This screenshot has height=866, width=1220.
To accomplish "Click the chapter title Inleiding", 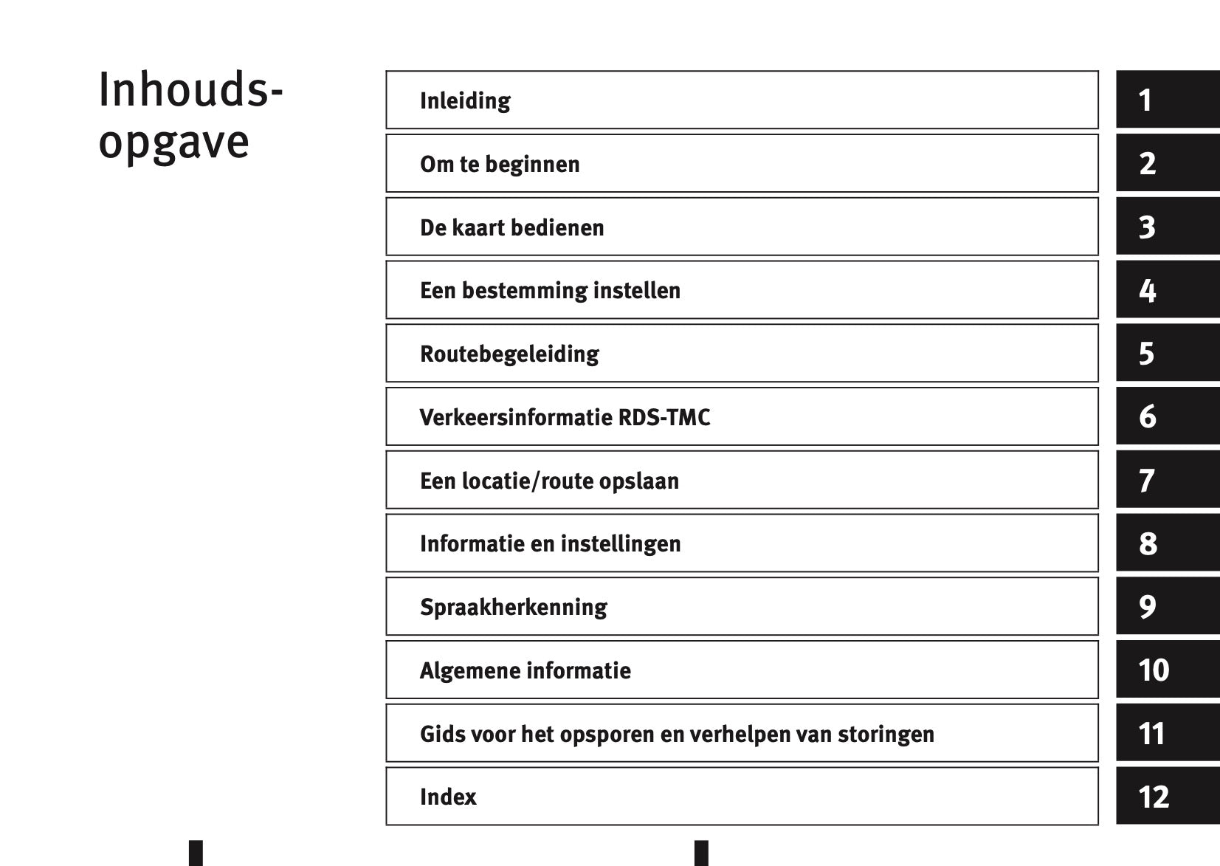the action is pyautogui.click(x=465, y=101).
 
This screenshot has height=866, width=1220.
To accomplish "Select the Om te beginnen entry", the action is pyautogui.click(x=500, y=164).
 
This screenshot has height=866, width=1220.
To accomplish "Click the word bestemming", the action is pyautogui.click(x=525, y=291).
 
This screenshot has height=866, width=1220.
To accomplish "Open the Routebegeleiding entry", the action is pyautogui.click(x=509, y=354).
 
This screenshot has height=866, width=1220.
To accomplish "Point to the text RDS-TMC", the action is pyautogui.click(x=664, y=418).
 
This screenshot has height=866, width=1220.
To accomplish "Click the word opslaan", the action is pyautogui.click(x=639, y=481).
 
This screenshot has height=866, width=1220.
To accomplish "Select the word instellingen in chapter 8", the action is pyautogui.click(x=621, y=544).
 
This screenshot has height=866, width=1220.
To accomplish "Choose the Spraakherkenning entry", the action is pyautogui.click(x=513, y=608).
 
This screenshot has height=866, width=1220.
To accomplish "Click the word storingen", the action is pyautogui.click(x=886, y=734).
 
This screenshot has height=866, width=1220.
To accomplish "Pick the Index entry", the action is pyautogui.click(x=448, y=797).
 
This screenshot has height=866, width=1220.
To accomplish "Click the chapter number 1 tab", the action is pyautogui.click(x=1168, y=99).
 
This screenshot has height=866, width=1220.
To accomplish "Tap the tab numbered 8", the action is pyautogui.click(x=1168, y=543).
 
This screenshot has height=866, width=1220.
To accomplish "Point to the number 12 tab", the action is pyautogui.click(x=1168, y=796).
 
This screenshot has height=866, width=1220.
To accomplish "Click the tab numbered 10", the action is pyautogui.click(x=1168, y=669).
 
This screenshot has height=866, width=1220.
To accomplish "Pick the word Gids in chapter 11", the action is pyautogui.click(x=441, y=734).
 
